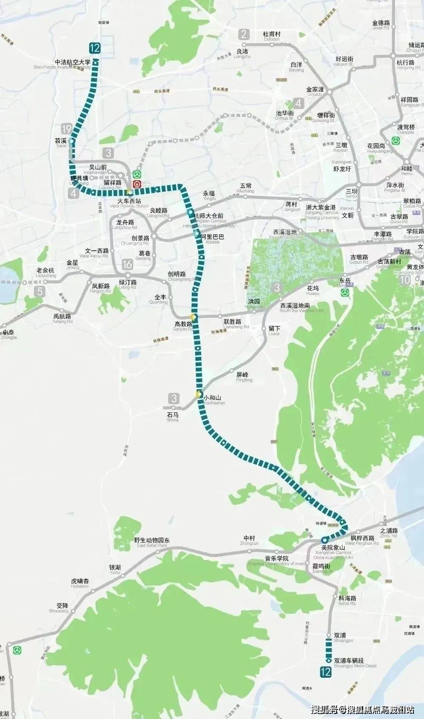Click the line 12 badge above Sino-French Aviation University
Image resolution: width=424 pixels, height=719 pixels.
tap(95, 47)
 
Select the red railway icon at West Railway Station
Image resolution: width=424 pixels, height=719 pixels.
tap(137, 184)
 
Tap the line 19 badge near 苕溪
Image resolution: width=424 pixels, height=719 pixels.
tap(66, 129)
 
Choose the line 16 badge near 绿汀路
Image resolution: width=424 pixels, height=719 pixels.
tap(127, 265)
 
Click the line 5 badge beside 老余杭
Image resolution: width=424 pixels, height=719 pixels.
tap(40, 291)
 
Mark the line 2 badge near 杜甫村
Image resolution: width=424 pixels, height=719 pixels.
tap(244, 34)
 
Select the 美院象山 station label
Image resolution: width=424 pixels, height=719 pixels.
tap(333, 548)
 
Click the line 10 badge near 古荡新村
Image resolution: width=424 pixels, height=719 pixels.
tap(405, 279)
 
